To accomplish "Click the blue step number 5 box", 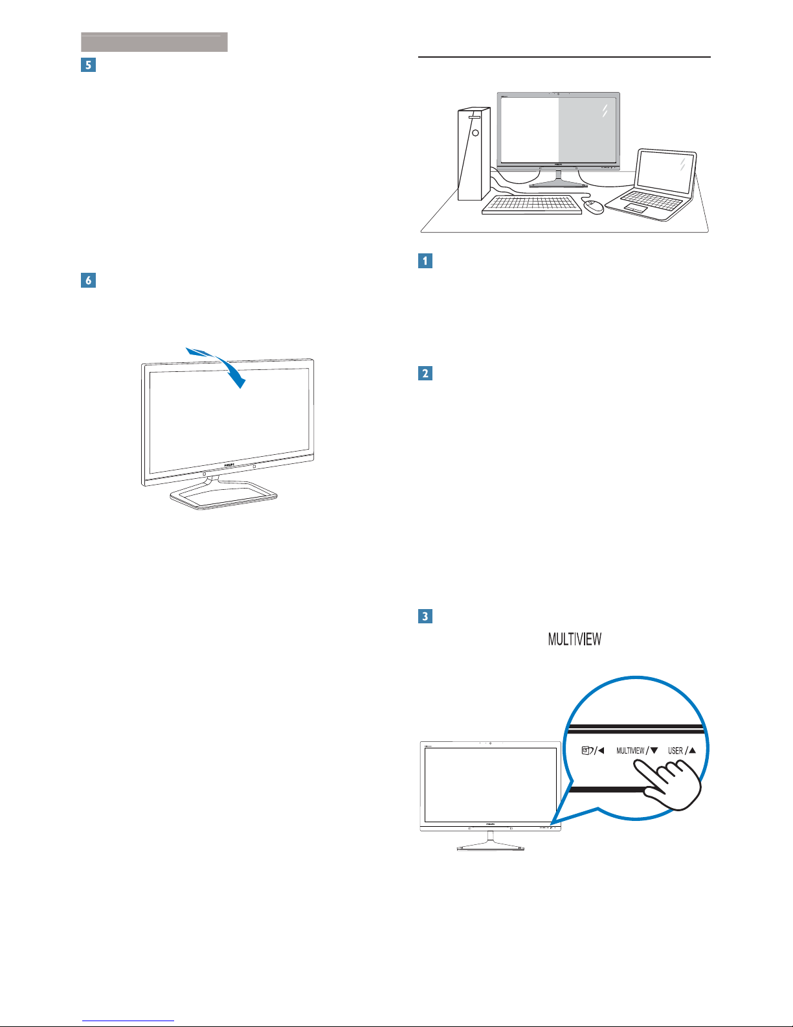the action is (88, 65).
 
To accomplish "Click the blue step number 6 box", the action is (88, 281).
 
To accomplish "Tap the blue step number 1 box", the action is (425, 260).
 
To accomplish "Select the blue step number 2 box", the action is (425, 374).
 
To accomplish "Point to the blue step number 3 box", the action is (425, 616).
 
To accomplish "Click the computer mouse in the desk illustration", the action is (594, 207).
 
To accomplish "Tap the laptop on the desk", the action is (655, 185).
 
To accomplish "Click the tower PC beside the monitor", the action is (473, 154).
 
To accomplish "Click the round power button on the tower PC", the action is (475, 132).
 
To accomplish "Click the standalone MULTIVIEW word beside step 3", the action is (575, 640).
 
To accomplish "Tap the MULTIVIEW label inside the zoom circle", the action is (630, 751).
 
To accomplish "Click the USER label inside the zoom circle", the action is (675, 751).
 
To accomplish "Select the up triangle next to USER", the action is (692, 750).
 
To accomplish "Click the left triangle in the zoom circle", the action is (601, 751).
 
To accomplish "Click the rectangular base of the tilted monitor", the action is (223, 496).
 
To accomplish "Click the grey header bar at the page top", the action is (154, 42).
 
